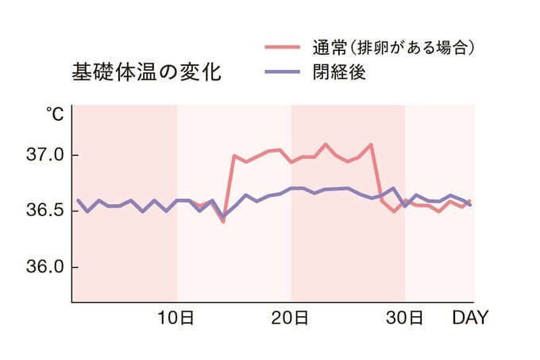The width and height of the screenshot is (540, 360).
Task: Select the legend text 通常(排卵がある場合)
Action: point(394,48)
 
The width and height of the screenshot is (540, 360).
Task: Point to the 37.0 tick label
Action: point(39,154)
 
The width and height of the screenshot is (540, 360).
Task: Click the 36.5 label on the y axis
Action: point(39,211)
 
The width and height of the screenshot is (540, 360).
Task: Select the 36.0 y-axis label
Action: point(39,267)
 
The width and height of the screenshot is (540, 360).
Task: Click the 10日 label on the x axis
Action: point(175,319)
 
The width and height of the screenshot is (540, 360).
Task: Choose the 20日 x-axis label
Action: point(290,319)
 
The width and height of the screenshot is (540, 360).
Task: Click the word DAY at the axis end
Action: point(470,319)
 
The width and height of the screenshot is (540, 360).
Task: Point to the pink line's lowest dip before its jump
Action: point(223,222)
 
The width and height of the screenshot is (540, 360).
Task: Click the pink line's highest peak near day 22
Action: point(326,144)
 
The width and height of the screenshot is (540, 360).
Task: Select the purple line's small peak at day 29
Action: point(393,188)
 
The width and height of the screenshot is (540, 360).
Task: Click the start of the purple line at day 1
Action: point(77,200)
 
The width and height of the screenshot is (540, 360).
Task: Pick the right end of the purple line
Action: point(470,205)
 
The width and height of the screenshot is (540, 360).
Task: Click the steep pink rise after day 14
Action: point(229,188)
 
